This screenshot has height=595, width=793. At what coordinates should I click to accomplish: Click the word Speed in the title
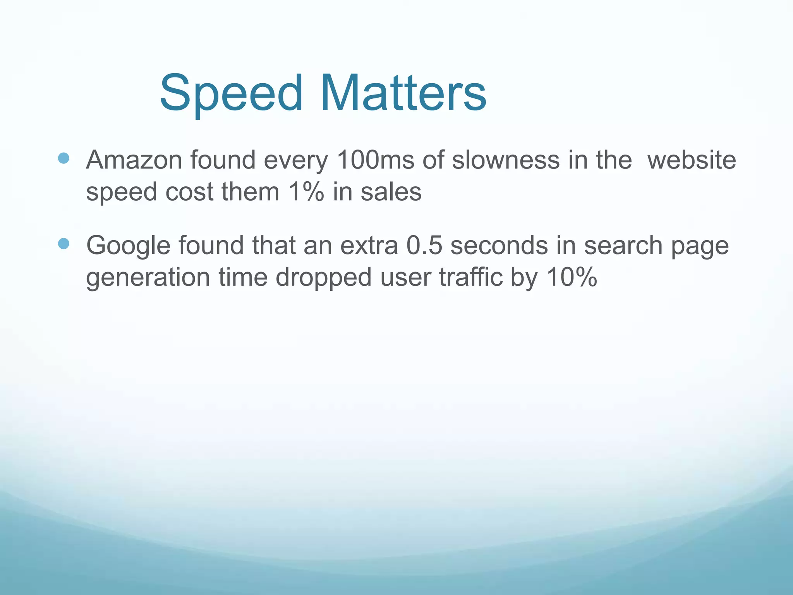click(231, 94)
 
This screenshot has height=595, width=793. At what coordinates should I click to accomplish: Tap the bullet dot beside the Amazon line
click(63, 158)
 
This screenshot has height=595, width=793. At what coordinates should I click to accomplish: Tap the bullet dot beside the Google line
click(63, 244)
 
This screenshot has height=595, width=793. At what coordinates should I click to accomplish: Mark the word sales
click(391, 192)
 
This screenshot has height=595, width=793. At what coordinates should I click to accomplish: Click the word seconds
click(499, 245)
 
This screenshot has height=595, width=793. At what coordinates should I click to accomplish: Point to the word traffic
click(470, 277)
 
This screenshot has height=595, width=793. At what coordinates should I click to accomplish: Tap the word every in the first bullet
click(296, 160)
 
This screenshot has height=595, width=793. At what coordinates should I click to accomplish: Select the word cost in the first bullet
click(189, 192)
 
